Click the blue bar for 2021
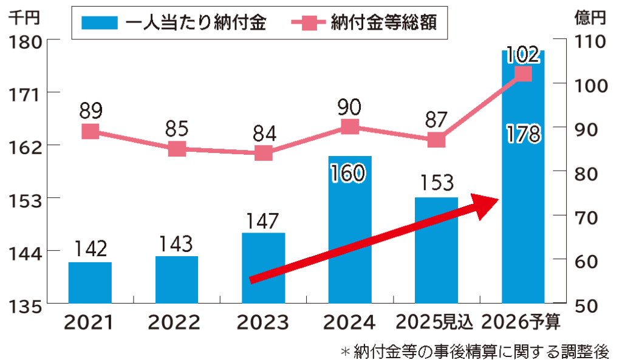tap(90, 282)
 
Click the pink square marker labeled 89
tap(90, 132)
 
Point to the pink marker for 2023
tap(263, 153)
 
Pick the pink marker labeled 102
tap(523, 74)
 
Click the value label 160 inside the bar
tap(349, 174)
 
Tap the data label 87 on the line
tap(437, 118)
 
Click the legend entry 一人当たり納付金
tap(176, 22)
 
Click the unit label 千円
tap(23, 18)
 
